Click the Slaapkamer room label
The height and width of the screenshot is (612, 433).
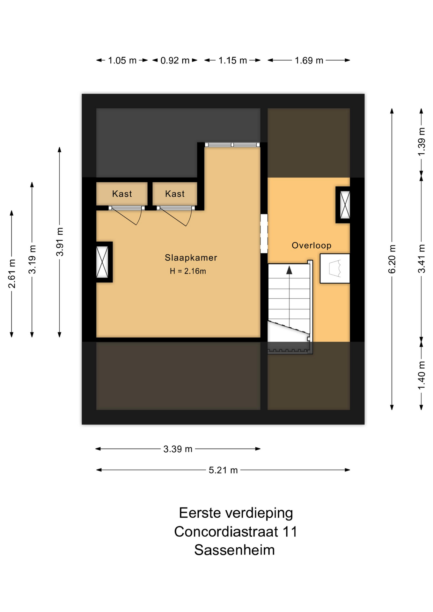tap(191, 258)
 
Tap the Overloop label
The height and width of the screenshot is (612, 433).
tap(312, 245)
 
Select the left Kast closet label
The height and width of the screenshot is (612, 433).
tap(122, 194)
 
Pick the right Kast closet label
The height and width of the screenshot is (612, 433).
tap(175, 194)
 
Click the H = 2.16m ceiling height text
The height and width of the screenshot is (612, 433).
tap(188, 271)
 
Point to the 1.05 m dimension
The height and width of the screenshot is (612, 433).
tap(122, 60)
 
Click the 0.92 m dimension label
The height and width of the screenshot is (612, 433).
tap(175, 60)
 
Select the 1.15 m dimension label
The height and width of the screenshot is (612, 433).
tap(232, 60)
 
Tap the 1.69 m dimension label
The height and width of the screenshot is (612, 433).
tap(309, 60)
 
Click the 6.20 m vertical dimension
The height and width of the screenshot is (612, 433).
tap(392, 259)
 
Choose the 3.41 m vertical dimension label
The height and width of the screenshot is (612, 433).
tap(422, 259)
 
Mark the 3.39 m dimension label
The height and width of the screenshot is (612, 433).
tap(178, 449)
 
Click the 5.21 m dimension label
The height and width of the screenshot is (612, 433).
tap(223, 470)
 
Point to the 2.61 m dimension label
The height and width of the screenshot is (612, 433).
tap(12, 274)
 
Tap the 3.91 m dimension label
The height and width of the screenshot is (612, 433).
tap(60, 242)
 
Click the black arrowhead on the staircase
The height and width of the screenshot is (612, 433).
tap(289, 270)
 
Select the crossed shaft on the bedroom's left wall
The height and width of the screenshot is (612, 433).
tap(102, 262)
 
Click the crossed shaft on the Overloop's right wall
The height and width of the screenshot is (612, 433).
tap(345, 205)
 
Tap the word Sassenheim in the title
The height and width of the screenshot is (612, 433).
tap(234, 550)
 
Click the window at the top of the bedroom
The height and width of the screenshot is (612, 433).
tap(232, 145)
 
